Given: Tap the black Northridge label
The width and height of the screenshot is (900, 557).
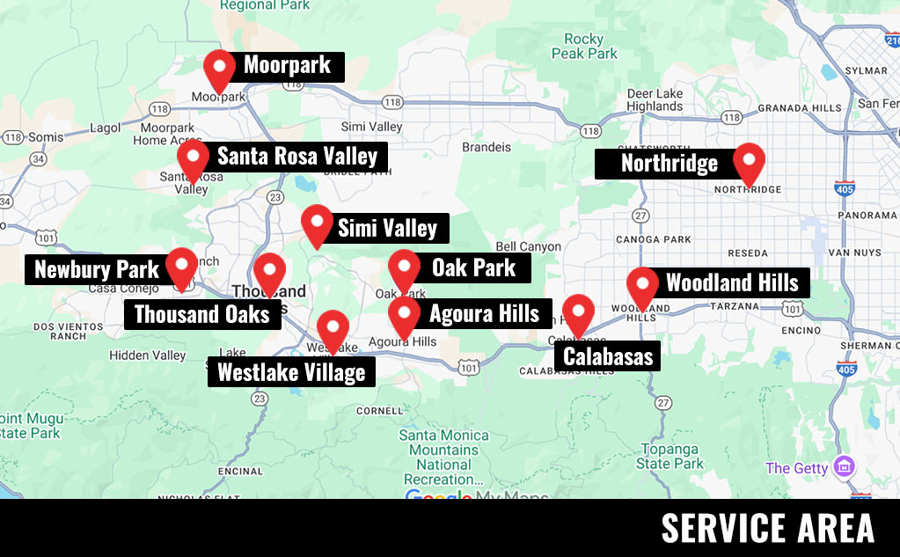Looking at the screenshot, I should (x=669, y=164).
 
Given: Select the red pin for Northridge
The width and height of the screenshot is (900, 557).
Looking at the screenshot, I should (x=749, y=161).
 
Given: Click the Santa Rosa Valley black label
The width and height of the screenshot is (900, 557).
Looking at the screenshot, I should (x=296, y=157).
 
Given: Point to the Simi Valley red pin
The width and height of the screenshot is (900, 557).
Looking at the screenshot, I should (x=317, y=224).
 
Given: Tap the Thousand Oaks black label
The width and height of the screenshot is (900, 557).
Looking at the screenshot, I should (x=201, y=314).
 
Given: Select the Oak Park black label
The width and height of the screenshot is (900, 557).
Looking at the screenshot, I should (x=473, y=268).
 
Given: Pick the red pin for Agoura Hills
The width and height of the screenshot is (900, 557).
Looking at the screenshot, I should (x=404, y=314).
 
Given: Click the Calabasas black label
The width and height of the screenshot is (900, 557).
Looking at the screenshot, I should (x=608, y=355).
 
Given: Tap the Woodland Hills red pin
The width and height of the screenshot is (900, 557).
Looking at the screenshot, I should (x=643, y=286).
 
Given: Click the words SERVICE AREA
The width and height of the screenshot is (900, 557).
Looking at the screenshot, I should (x=767, y=528).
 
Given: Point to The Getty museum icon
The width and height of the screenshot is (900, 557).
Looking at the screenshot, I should (x=845, y=466).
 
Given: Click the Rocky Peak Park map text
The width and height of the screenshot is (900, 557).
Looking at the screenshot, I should (x=584, y=47).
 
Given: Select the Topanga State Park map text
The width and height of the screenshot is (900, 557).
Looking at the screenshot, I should (x=670, y=457).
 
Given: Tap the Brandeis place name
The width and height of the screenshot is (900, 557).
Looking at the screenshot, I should (x=486, y=147).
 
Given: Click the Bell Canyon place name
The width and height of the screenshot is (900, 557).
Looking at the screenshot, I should (x=528, y=246).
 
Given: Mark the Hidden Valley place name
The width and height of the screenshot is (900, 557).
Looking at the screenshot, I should (x=147, y=355).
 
